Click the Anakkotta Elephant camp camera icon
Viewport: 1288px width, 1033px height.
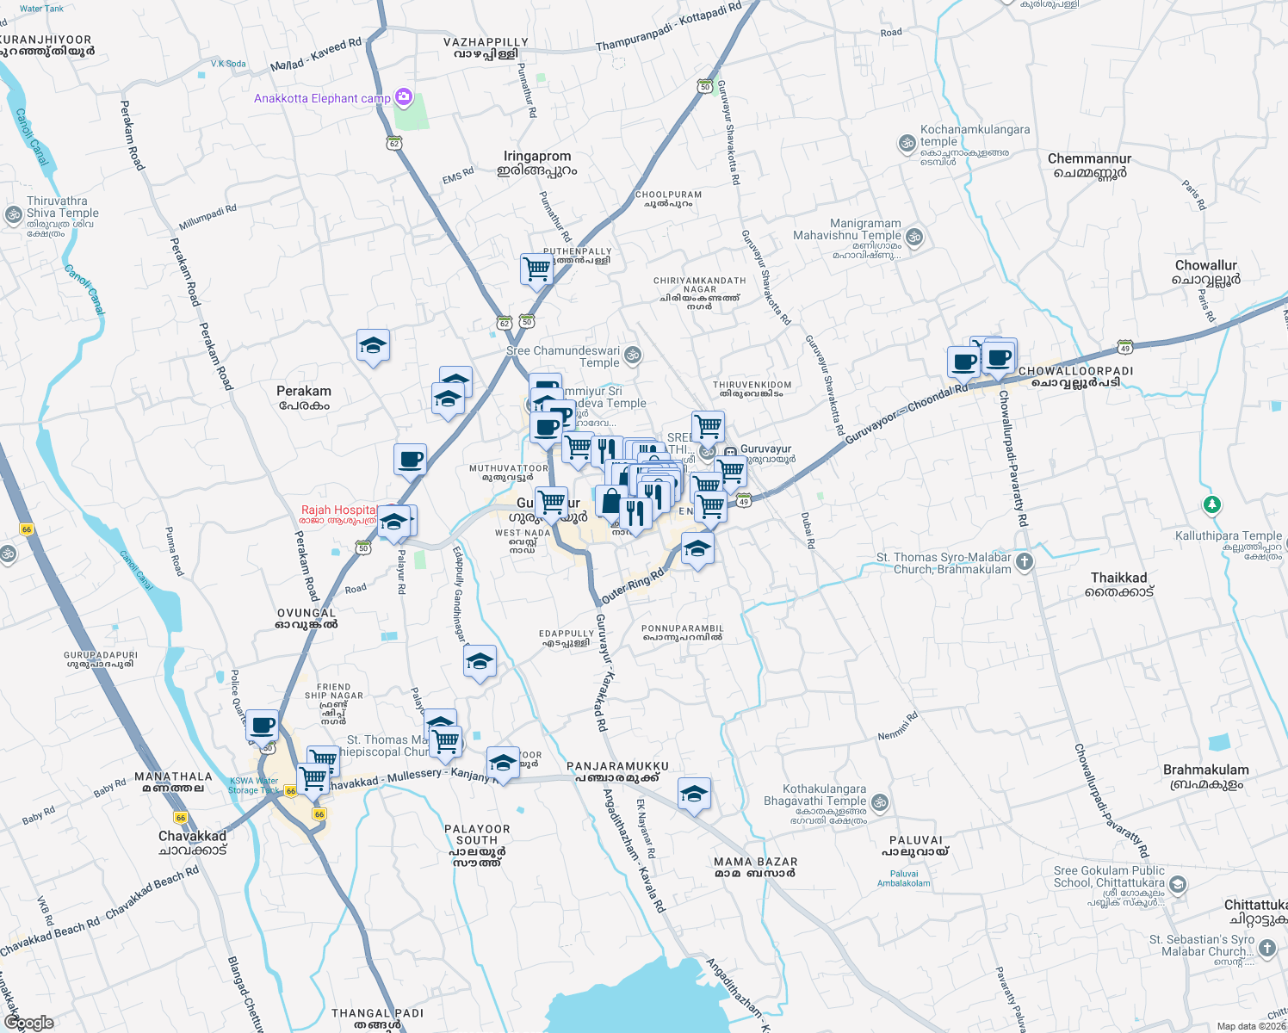pyautogui.click(x=403, y=97)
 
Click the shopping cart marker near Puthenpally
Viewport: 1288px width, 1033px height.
pyautogui.click(x=536, y=269)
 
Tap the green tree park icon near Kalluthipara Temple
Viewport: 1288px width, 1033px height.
pyautogui.click(x=1212, y=504)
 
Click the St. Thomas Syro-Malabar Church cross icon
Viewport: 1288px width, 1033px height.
pyautogui.click(x=1024, y=562)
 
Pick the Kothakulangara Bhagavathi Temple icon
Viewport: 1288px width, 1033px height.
pyautogui.click(x=879, y=802)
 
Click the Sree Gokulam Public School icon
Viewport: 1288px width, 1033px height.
pyautogui.click(x=1178, y=884)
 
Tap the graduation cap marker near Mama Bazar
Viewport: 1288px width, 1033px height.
pyautogui.click(x=694, y=795)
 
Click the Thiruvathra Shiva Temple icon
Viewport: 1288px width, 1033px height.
pyautogui.click(x=13, y=214)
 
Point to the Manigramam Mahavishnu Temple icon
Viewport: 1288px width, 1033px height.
pyautogui.click(x=914, y=236)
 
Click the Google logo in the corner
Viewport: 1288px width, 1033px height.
pyautogui.click(x=28, y=1023)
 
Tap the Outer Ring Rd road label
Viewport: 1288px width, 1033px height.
pyautogui.click(x=633, y=585)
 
